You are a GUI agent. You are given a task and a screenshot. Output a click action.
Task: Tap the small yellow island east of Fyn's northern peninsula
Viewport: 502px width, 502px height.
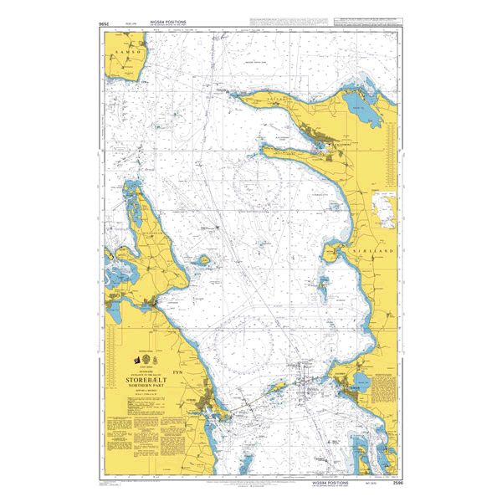coord(202,260)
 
